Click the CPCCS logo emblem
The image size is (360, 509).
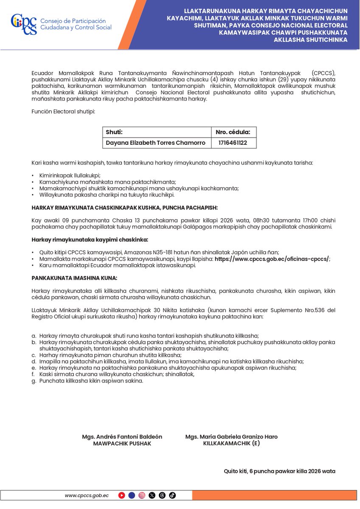click(x=24, y=24)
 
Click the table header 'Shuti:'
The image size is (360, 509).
click(x=114, y=132)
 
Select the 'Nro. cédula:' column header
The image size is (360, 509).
click(x=233, y=132)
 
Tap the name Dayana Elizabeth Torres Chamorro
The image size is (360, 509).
click(x=156, y=143)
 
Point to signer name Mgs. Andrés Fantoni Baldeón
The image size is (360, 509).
click(x=122, y=436)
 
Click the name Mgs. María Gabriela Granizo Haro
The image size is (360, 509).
click(x=231, y=436)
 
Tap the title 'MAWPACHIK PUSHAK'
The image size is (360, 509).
click(x=122, y=443)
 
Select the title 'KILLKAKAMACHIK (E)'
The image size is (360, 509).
click(x=231, y=443)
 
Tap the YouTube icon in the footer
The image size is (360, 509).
click(x=122, y=495)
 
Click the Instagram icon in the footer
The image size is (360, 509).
click(x=142, y=495)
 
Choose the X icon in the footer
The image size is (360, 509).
click(x=152, y=495)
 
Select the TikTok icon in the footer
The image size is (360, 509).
click(x=172, y=495)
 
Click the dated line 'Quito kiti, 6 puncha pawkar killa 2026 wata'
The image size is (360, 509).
click(x=279, y=471)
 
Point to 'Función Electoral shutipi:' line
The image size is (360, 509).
click(x=63, y=111)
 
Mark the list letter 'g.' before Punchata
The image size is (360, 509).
click(x=34, y=381)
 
